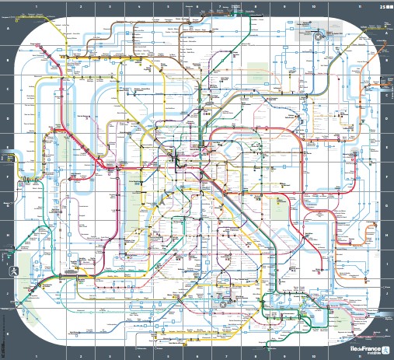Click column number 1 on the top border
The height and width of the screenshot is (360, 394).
click(37, 5)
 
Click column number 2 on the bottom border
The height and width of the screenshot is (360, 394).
click(80, 355)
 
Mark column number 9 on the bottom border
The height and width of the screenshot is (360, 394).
click(284, 355)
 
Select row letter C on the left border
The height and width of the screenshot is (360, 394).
click(5, 89)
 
